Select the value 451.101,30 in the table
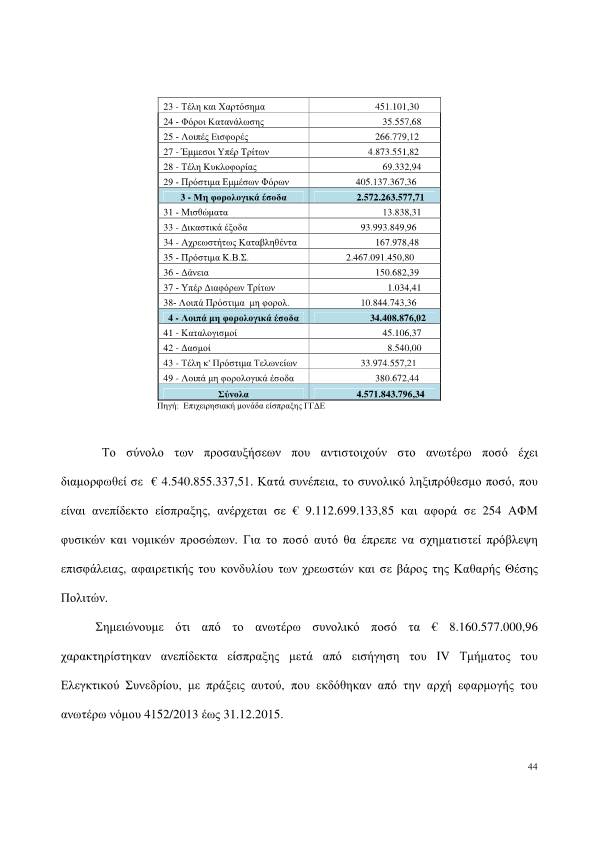(x=396, y=106)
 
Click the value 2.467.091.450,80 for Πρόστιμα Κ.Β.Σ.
(x=387, y=258)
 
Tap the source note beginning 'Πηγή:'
(x=241, y=408)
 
